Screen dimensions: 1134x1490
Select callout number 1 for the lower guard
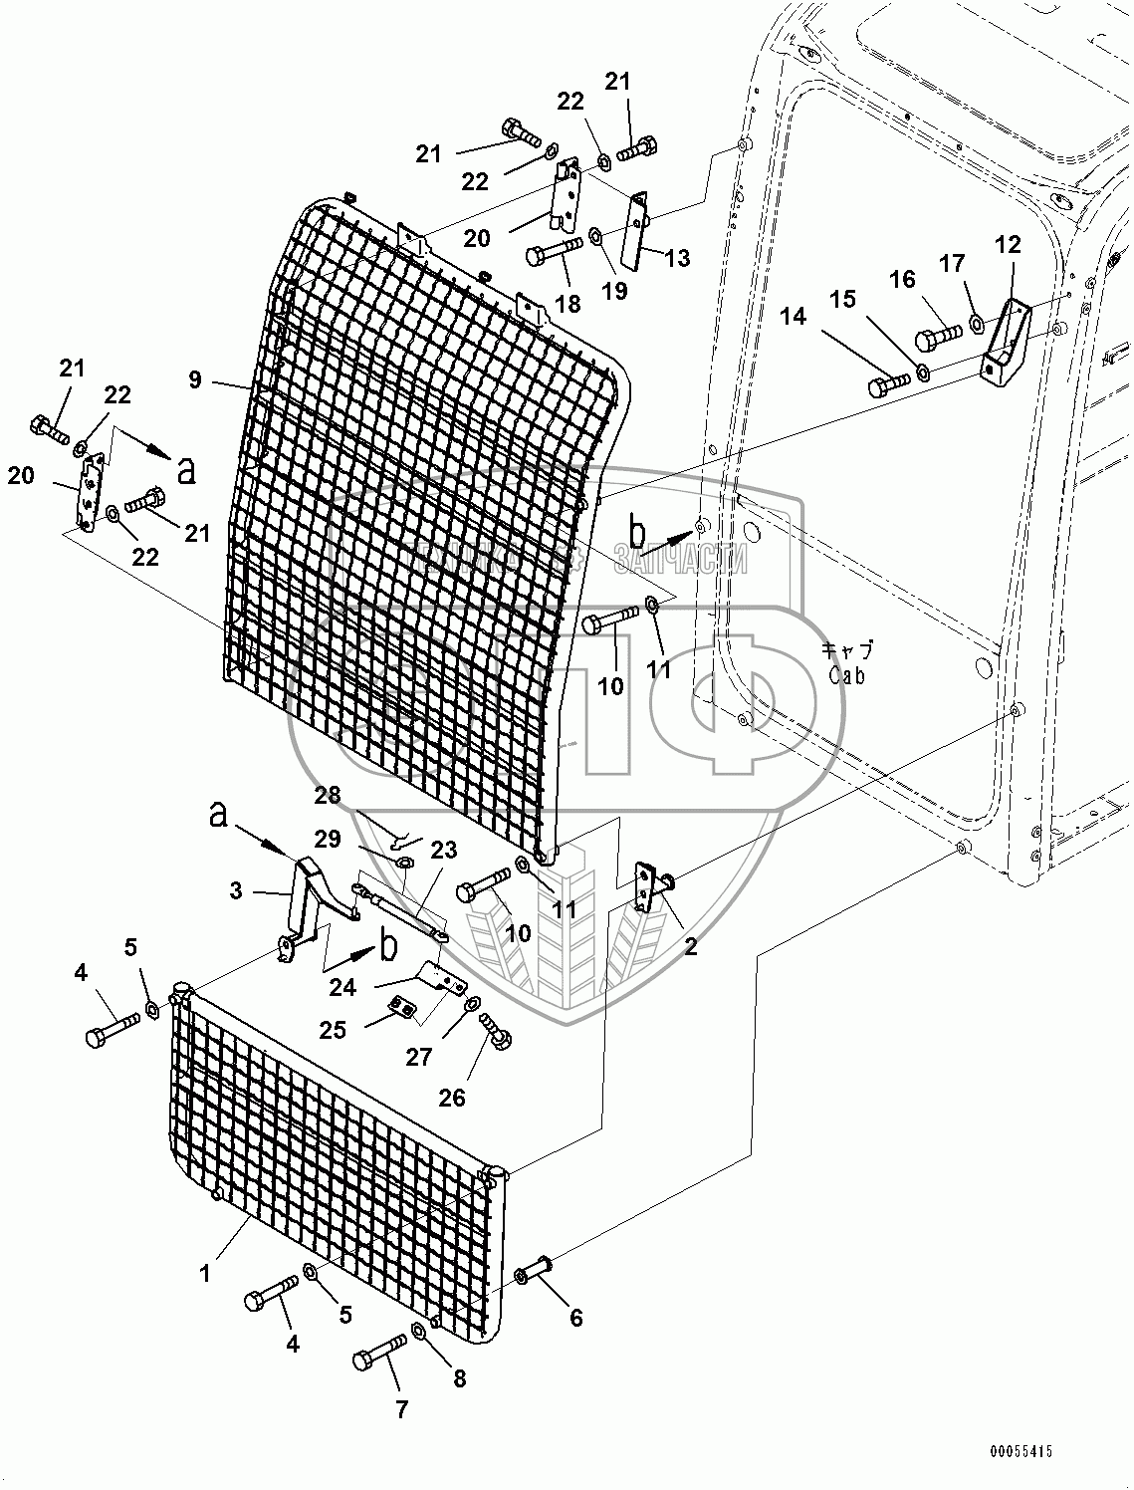click(205, 1273)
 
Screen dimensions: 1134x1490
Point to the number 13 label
click(677, 259)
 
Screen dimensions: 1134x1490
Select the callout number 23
click(443, 850)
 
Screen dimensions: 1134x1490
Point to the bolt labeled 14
click(888, 383)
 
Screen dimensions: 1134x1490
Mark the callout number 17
click(953, 264)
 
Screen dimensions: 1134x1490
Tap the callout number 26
click(451, 1098)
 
